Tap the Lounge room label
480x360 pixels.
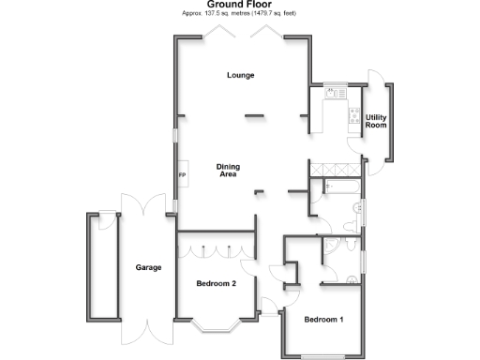tap(241, 75)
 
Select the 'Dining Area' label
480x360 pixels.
tap(229, 171)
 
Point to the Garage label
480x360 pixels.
tap(148, 267)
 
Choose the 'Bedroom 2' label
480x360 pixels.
tap(216, 283)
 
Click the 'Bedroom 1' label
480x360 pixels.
tap(323, 320)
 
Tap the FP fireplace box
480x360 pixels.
tap(182, 175)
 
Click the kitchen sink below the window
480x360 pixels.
tap(332, 93)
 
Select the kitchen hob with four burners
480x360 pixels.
tap(353, 117)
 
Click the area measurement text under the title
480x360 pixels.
tap(240, 14)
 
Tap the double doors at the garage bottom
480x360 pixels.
tap(148, 334)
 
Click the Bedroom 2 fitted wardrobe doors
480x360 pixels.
tap(216, 250)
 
